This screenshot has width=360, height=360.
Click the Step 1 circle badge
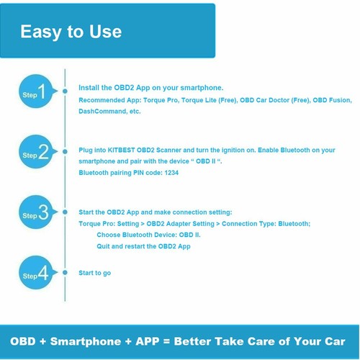pyautogui.click(x=36, y=91)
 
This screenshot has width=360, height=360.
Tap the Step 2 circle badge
pyautogui.click(x=36, y=152)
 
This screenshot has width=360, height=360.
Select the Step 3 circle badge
pyautogui.click(x=36, y=212)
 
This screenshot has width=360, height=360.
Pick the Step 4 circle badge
pyautogui.click(x=36, y=273)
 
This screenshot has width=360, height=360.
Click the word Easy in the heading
pyautogui.click(x=40, y=32)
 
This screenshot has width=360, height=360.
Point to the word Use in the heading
pyautogui.click(x=105, y=32)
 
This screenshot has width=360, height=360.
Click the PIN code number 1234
pyautogui.click(x=171, y=173)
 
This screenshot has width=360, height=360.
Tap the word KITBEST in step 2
pyautogui.click(x=121, y=150)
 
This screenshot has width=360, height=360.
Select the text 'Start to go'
pyautogui.click(x=95, y=273)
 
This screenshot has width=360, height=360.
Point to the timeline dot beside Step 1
pyautogui.click(x=65, y=91)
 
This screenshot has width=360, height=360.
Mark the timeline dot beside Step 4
pyautogui.click(x=65, y=273)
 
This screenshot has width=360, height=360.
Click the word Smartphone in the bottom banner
pyautogui.click(x=86, y=342)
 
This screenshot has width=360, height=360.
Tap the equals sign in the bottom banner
pyautogui.click(x=166, y=341)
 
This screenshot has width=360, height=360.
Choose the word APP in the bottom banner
pyautogui.click(x=148, y=341)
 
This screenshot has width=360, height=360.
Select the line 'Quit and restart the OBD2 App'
pyautogui.click(x=143, y=246)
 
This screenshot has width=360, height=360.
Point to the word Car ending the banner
pyautogui.click(x=335, y=341)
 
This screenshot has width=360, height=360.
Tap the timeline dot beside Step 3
pyautogui.click(x=65, y=212)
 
